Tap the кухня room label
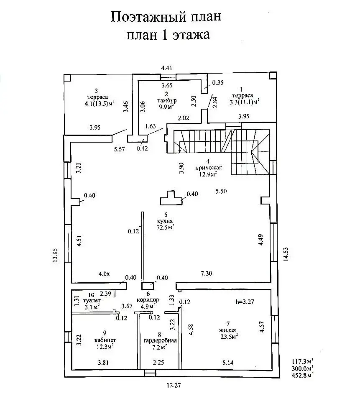click(x=164, y=222)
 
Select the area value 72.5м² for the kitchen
click(x=165, y=227)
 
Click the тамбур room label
click(x=166, y=101)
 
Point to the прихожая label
click(x=208, y=168)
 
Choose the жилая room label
click(x=227, y=330)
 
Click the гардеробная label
click(x=160, y=340)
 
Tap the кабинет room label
click(x=105, y=340)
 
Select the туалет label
click(x=92, y=301)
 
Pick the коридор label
click(x=148, y=300)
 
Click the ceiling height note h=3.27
click(x=245, y=302)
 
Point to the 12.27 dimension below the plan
click(x=174, y=385)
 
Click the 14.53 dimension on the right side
click(x=286, y=254)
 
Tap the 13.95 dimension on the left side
click(x=55, y=255)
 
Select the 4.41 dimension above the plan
click(x=166, y=68)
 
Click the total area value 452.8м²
click(x=302, y=375)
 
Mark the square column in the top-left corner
click(x=68, y=78)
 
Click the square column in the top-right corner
click(x=273, y=76)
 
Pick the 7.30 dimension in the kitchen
click(x=207, y=273)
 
